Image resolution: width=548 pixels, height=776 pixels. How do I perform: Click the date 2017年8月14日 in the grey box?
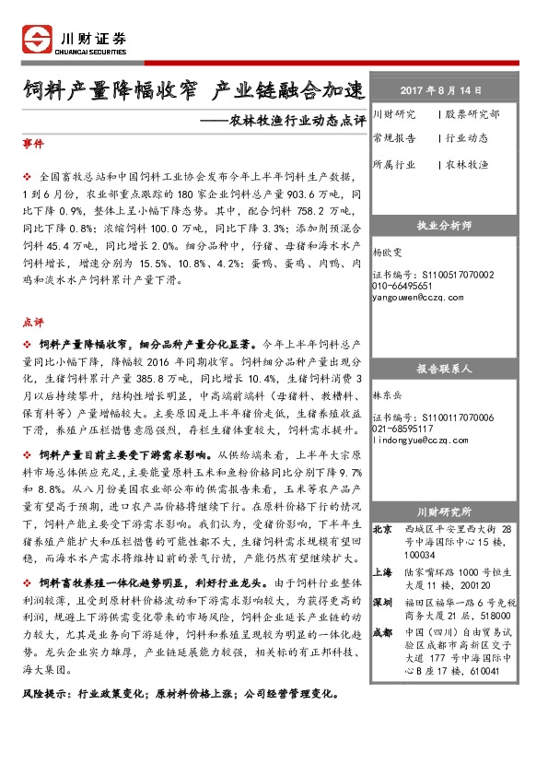coord(441,90)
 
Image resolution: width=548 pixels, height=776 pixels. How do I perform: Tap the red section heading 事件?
coord(31,145)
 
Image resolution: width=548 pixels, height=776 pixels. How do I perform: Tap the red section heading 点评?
coord(31,323)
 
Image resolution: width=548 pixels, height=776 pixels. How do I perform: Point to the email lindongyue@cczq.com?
coord(421,441)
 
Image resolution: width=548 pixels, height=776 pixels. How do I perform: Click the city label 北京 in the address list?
coord(383,530)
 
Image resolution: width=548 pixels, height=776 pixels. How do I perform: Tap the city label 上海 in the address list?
coord(383,571)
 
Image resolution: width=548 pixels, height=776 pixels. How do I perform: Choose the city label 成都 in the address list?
coord(383,632)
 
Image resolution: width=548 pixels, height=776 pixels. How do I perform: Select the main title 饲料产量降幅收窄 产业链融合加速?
coord(193,90)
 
